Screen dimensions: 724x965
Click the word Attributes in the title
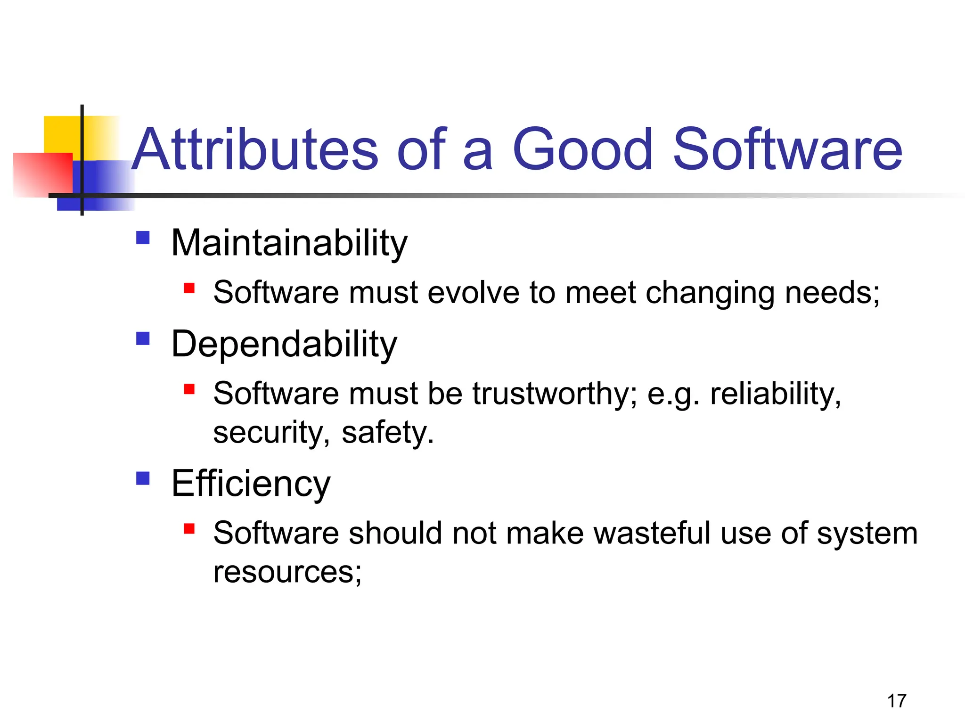[254, 150]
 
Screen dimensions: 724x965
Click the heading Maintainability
[289, 243]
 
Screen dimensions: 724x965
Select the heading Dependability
[284, 345]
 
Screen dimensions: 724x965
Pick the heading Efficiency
[251, 484]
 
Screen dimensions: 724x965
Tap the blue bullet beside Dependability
[143, 338]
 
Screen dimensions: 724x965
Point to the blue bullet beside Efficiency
[143, 478]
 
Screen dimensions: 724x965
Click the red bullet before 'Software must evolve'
[189, 288]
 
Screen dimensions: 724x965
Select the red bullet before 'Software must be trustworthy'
[189, 389]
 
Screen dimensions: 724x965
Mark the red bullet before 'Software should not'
[189, 529]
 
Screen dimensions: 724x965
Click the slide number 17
[896, 701]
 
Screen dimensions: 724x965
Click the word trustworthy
[555, 394]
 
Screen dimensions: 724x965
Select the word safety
[387, 433]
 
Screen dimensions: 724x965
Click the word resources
[287, 572]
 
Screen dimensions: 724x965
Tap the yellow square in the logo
[61, 134]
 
